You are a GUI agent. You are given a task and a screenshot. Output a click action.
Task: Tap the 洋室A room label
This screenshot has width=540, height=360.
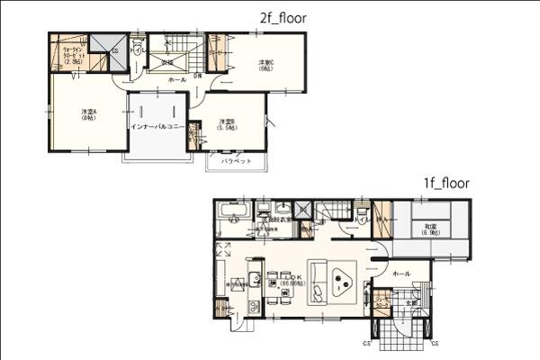[x=87, y=114]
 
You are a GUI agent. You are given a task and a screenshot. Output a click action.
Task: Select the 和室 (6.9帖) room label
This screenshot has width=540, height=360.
[x=430, y=230]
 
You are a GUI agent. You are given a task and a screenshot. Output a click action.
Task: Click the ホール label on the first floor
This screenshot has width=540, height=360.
[x=401, y=273]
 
